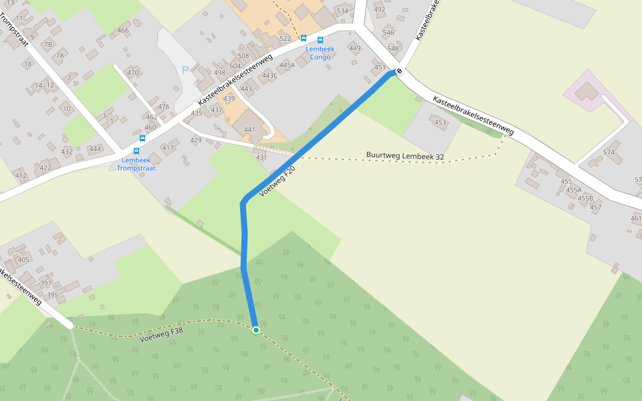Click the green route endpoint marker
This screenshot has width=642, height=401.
255,329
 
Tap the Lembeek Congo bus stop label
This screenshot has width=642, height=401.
319,53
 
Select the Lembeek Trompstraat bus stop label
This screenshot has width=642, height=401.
136,164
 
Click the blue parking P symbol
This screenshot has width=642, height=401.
185,70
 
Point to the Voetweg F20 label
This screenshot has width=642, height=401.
277,181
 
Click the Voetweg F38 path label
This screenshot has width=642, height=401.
161,334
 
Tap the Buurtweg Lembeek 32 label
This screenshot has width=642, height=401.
405,156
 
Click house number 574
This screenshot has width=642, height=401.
609,152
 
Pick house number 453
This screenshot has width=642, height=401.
440,122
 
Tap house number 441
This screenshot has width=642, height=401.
250,130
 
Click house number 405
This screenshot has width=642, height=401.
24,259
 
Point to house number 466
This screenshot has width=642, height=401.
123,31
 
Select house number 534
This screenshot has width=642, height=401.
342,11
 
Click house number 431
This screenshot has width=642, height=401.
261,158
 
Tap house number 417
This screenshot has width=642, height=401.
168,148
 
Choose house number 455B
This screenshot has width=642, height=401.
585,198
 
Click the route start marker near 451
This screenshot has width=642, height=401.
399,71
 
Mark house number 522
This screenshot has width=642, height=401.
286,39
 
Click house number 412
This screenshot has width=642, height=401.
21,176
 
